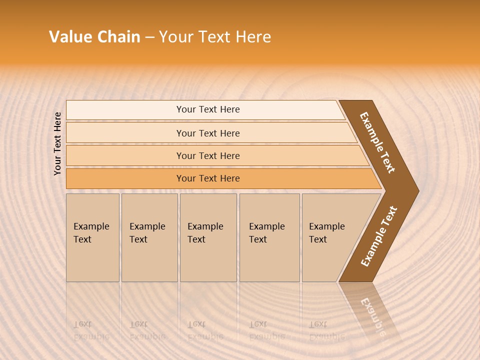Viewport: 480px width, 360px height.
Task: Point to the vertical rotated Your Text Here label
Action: (x=57, y=143)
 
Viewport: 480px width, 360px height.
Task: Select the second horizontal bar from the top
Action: (x=208, y=133)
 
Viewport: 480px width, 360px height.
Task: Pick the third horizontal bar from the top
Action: (x=208, y=156)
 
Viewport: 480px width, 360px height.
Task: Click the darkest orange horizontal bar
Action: (x=208, y=178)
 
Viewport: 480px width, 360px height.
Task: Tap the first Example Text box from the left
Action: (x=92, y=237)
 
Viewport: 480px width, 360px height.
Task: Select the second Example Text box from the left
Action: (x=149, y=237)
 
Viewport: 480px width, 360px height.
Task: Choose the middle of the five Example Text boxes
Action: (x=208, y=237)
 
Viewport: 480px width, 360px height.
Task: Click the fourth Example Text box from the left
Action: (x=269, y=237)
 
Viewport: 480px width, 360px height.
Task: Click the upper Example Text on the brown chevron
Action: (x=377, y=143)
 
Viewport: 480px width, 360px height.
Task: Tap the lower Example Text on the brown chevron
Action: (x=379, y=236)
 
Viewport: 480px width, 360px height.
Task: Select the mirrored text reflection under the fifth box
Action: (x=326, y=330)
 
